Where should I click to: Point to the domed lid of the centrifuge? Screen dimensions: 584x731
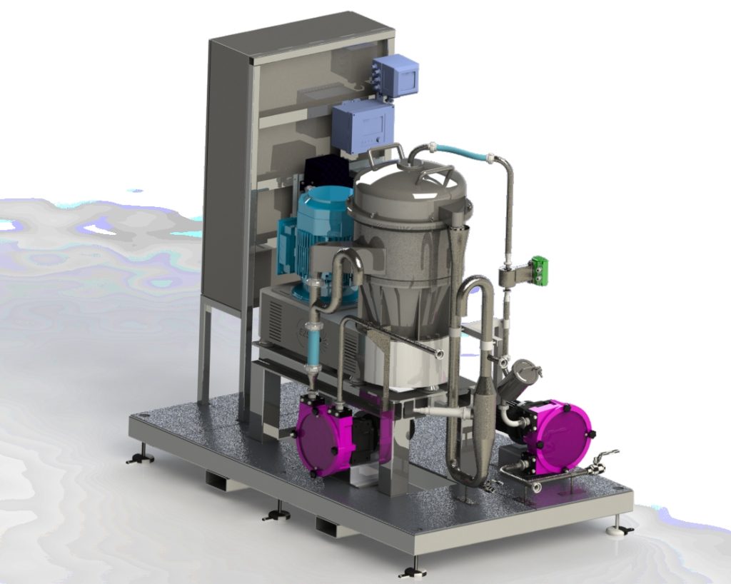pyautogui.click(x=407, y=189)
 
